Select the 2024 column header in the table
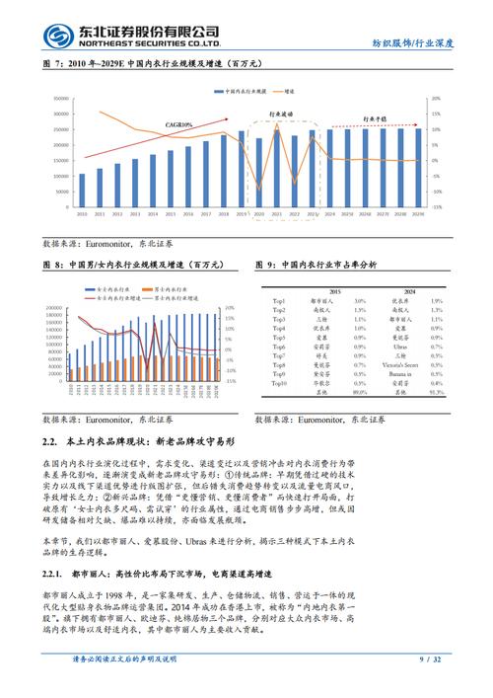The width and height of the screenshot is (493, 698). (409, 291)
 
